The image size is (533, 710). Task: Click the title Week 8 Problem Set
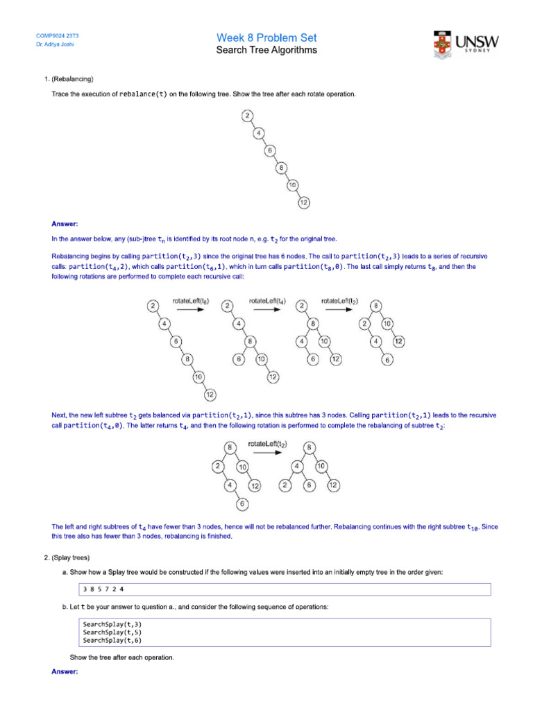(266, 37)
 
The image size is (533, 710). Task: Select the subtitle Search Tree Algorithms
(266, 50)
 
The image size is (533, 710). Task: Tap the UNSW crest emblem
(443, 44)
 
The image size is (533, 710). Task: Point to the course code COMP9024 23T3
(58, 35)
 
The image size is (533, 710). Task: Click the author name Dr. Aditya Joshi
(55, 44)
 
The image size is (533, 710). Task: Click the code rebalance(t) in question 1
(143, 94)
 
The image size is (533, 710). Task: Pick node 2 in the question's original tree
(247, 116)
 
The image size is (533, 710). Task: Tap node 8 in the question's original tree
(281, 168)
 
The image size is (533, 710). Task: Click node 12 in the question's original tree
(304, 202)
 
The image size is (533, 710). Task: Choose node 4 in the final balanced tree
(296, 467)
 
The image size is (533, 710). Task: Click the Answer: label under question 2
(65, 672)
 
